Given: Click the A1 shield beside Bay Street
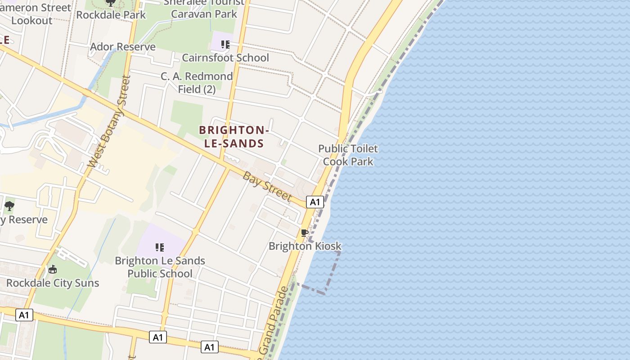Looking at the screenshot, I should (x=315, y=202).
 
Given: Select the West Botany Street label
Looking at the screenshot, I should (x=109, y=121).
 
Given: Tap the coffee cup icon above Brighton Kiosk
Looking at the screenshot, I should (x=305, y=233).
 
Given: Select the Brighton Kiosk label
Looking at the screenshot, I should (x=305, y=246).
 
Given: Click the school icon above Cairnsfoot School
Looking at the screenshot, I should (x=225, y=45).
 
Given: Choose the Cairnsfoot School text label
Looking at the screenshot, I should (x=225, y=58).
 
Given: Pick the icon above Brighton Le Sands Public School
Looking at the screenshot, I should (x=160, y=247).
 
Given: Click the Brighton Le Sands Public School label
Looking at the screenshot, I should (x=160, y=267).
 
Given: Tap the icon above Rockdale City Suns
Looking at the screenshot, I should (x=53, y=269).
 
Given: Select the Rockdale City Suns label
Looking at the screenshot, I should (x=53, y=283).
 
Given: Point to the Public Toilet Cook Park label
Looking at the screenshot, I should (x=348, y=155).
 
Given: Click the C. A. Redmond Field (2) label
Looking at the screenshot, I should (x=197, y=83).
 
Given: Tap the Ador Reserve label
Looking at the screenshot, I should (x=123, y=47).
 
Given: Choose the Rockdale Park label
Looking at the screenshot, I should (x=111, y=15).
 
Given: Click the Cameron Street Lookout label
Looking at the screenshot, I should (x=36, y=14).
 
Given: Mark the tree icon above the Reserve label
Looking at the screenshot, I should (x=9, y=206).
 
